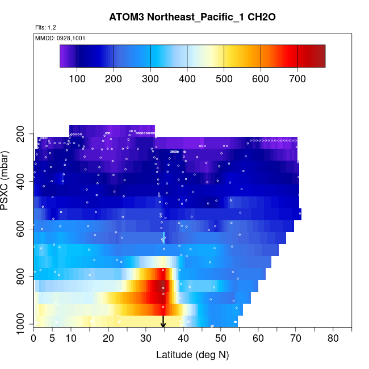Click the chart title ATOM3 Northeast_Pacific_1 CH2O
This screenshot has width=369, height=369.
tap(192, 17)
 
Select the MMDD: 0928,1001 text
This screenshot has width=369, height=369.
tap(60, 38)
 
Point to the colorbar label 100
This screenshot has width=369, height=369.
tap(77, 78)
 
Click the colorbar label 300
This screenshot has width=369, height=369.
tap(150, 78)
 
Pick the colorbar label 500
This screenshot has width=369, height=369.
tap(224, 78)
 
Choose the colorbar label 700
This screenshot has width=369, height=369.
tap(297, 78)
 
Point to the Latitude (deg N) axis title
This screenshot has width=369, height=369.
tap(192, 355)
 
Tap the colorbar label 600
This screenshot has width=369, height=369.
tap(261, 78)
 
